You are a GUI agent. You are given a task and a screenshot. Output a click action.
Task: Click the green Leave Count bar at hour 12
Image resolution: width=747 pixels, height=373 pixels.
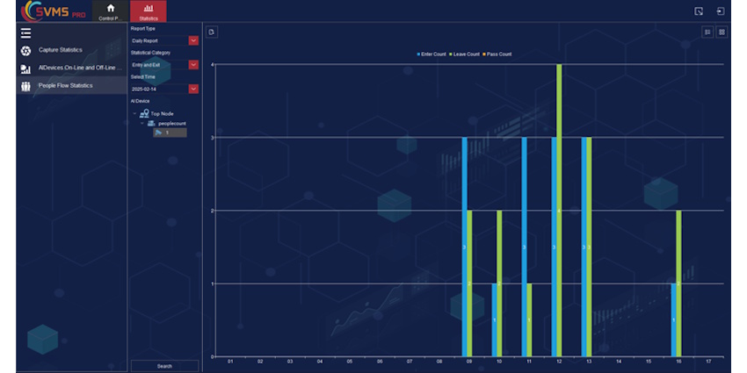click(x=560, y=211)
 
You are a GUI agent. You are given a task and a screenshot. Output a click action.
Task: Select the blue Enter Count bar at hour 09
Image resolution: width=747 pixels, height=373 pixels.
click(x=465, y=247)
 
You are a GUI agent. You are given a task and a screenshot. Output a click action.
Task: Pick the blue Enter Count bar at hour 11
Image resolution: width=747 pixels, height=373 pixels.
click(x=524, y=247)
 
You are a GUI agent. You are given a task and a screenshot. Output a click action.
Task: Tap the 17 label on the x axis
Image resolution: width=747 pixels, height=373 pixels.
click(x=708, y=362)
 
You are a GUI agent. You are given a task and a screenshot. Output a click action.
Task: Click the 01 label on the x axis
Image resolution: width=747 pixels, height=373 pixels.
click(x=230, y=362)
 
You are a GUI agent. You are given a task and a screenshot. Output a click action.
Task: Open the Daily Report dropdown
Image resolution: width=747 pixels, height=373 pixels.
click(x=164, y=40)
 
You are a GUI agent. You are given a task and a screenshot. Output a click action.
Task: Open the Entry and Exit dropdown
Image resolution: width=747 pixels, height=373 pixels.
click(x=164, y=65)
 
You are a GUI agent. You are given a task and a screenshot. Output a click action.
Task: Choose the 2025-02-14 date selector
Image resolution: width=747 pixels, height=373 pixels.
click(x=164, y=89)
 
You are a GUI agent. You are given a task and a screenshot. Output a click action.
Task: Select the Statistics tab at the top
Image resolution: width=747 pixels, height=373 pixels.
click(x=148, y=11)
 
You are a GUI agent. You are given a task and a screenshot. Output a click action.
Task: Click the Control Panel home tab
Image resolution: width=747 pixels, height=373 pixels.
click(x=111, y=11)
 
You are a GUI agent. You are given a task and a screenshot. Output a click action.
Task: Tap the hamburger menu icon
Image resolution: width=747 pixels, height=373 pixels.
click(x=25, y=33)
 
